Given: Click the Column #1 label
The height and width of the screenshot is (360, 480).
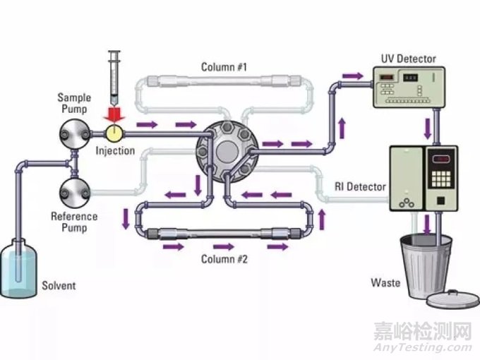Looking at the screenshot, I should pos(224,67).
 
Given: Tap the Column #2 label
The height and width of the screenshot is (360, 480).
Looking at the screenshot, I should pos(224,258).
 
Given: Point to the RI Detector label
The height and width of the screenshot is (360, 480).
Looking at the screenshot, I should pos(360,187).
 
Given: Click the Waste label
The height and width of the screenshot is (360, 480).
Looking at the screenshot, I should pos(385,283).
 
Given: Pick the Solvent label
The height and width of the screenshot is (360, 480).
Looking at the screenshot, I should pos(59,286).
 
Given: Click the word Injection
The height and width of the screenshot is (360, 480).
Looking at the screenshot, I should pos(115,150).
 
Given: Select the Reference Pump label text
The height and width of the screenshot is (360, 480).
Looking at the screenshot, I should pos(74,222).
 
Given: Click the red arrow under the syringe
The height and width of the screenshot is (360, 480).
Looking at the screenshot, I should pos(114,114).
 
